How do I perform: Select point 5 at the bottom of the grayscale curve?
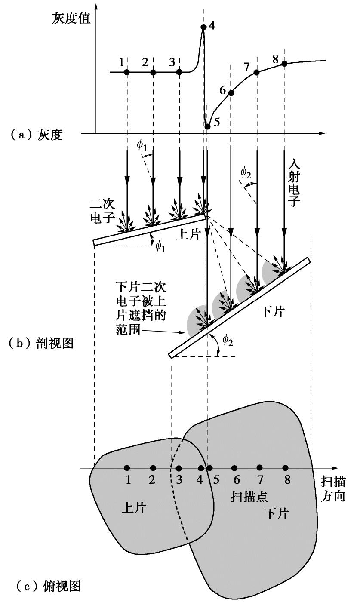point(207,126)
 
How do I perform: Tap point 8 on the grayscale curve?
point(284,64)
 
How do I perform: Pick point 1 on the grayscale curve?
point(126,72)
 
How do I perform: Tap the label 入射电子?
point(293,183)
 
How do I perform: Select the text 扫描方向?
point(333,488)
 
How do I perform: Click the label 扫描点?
point(249,497)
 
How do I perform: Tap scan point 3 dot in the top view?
point(179,468)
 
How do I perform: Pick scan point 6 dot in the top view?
point(234,468)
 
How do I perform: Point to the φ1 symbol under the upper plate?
point(160,246)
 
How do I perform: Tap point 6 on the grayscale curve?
point(231,93)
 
